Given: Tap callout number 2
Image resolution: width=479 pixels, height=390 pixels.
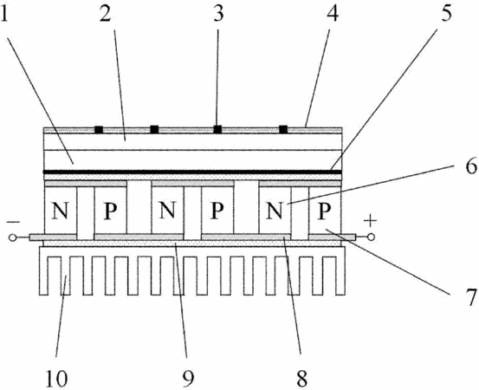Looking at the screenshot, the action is pos(106,14).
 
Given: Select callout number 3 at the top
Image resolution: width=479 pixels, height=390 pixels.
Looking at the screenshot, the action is pos(218,14).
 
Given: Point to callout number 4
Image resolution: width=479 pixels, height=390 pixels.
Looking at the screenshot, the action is pos(333,14).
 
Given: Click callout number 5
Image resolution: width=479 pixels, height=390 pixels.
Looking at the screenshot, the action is pos(447,13).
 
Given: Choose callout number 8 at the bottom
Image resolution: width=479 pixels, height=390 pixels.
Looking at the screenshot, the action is pos(301,379).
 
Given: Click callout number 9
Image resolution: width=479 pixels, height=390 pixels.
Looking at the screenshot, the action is pos(188,379).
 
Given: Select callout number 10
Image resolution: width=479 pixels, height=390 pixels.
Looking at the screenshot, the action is pos(56,379).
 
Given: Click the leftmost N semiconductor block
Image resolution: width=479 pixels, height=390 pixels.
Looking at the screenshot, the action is pos(61,211).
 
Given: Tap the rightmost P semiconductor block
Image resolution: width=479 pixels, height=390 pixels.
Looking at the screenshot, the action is pos(325,211).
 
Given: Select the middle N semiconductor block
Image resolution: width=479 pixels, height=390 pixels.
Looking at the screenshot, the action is pos(167,211).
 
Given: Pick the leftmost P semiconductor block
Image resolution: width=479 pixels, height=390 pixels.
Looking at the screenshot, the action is pos(110,211).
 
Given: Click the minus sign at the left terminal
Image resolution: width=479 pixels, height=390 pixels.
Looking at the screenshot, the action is pos(14,222).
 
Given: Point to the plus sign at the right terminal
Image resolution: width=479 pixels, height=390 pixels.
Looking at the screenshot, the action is pos(370,221).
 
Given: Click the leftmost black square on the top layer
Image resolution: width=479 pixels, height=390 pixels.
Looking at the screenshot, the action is pos(99,130).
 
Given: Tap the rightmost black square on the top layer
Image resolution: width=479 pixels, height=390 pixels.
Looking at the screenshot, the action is pos(283,130).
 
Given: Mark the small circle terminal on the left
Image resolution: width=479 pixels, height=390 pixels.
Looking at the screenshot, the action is pos(12,237).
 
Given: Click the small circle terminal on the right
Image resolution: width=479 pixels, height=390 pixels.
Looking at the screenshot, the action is pos(371,237).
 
